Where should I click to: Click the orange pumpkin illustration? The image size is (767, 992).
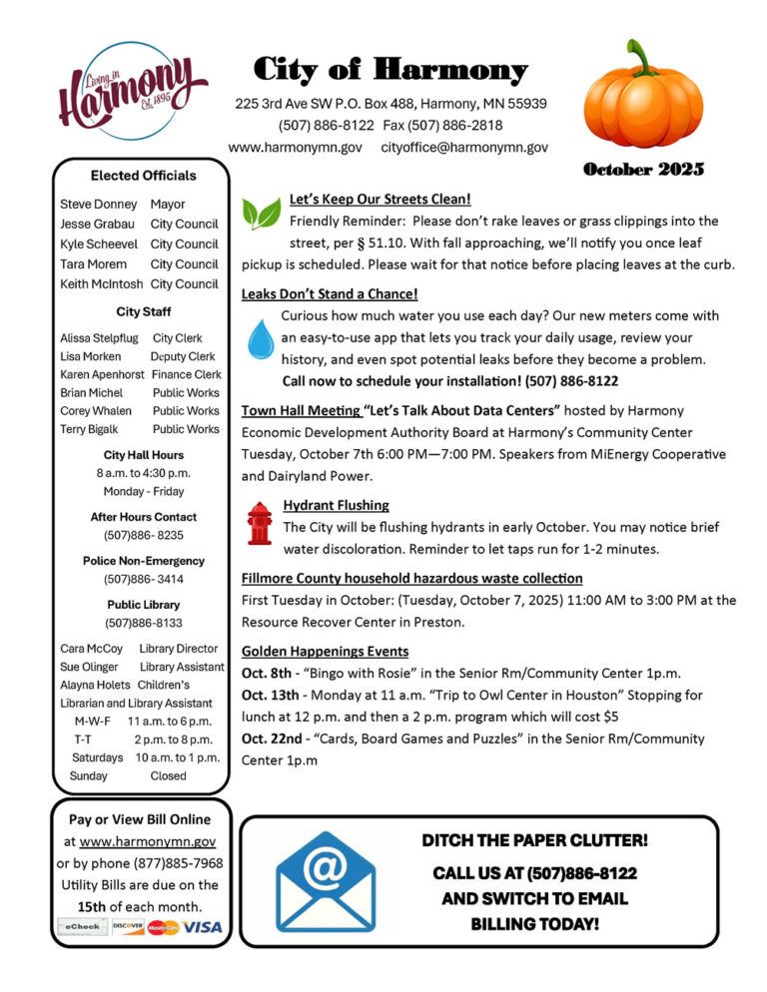[x=643, y=95]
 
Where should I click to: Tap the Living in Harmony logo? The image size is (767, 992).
[x=132, y=92]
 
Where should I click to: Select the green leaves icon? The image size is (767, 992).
[x=262, y=213]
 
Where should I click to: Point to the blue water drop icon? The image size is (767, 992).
[x=261, y=339]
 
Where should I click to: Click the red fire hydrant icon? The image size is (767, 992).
[x=260, y=523]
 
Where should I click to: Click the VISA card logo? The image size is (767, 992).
[x=204, y=927]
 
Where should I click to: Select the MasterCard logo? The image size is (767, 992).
[x=163, y=927]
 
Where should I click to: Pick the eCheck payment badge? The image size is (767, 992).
[x=83, y=927]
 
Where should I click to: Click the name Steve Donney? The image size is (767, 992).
[x=98, y=204]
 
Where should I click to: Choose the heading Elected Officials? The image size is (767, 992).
[x=143, y=176]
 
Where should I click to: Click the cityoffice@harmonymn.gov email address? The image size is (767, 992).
[x=464, y=147]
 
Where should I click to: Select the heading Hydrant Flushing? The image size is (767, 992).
[x=336, y=505]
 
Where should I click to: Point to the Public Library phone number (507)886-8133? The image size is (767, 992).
[x=143, y=623]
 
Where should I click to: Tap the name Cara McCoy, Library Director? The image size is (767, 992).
[x=91, y=649]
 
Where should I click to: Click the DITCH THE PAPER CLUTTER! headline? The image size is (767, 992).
[x=534, y=840]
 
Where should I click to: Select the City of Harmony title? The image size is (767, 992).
[x=390, y=70]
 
